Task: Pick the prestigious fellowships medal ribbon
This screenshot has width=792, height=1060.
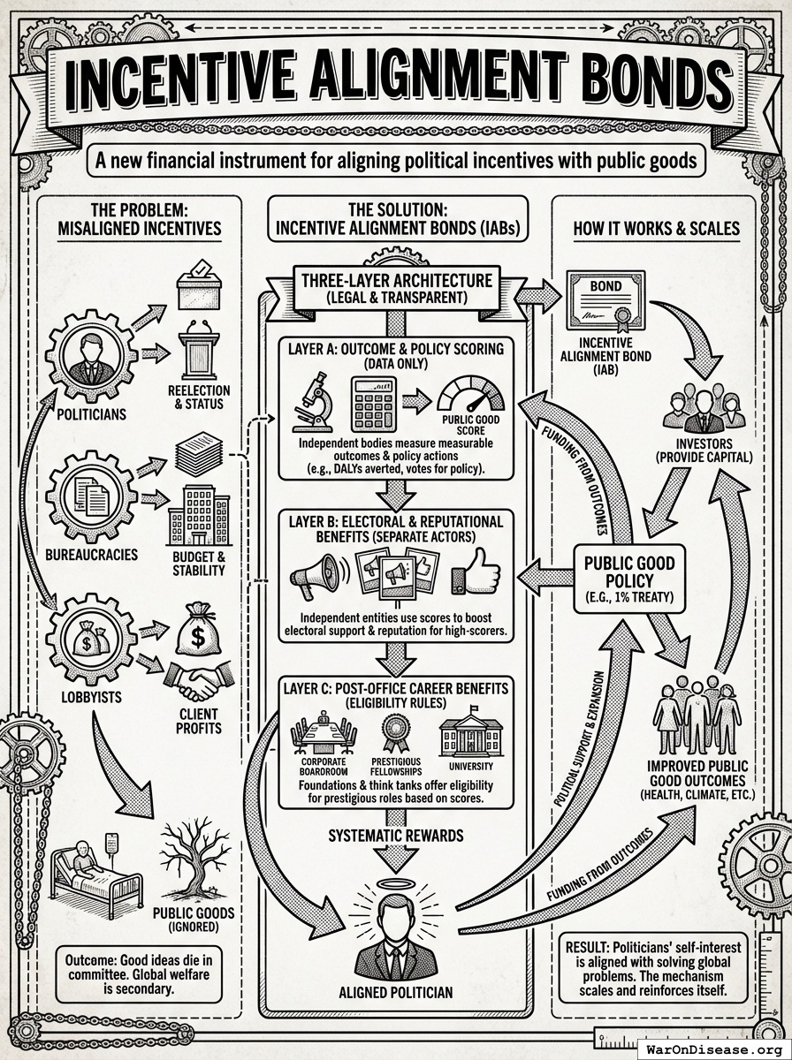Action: click(394, 732)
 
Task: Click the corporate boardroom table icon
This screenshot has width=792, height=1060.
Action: click(324, 734)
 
